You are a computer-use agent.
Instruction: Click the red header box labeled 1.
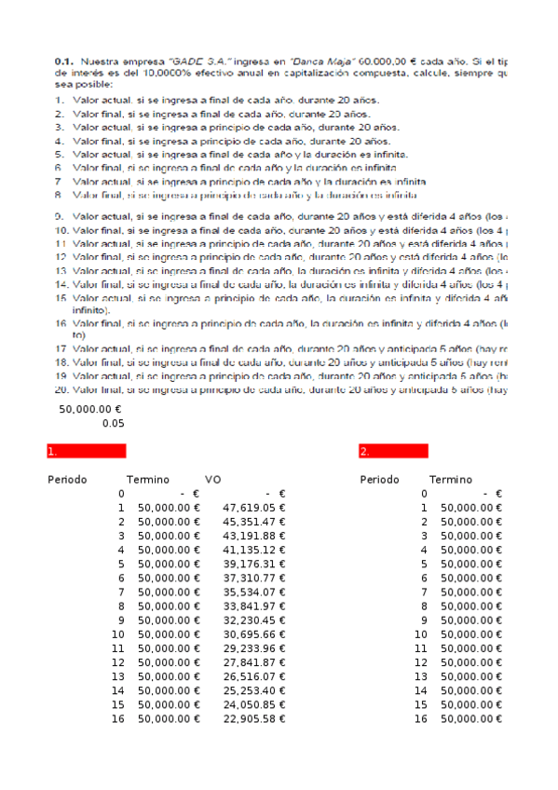86,451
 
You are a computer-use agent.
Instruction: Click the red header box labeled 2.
393,451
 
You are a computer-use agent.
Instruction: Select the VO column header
212,480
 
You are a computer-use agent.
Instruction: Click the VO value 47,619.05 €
253,508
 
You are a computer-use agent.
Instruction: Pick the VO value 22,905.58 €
253,718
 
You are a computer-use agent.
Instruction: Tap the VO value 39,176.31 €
253,564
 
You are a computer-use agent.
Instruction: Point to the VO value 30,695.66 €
253,633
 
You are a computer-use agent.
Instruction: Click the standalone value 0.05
113,423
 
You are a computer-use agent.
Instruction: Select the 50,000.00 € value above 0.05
90,409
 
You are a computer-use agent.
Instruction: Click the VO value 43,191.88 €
253,536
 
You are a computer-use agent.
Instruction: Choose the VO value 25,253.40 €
253,690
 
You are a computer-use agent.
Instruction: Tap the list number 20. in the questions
61,390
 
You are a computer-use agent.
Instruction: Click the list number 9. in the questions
61,215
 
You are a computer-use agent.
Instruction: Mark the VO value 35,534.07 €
253,592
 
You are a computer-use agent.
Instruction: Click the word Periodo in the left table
67,480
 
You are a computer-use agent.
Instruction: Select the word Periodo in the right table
379,480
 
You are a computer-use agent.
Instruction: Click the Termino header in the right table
451,480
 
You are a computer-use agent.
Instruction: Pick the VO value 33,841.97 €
253,606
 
